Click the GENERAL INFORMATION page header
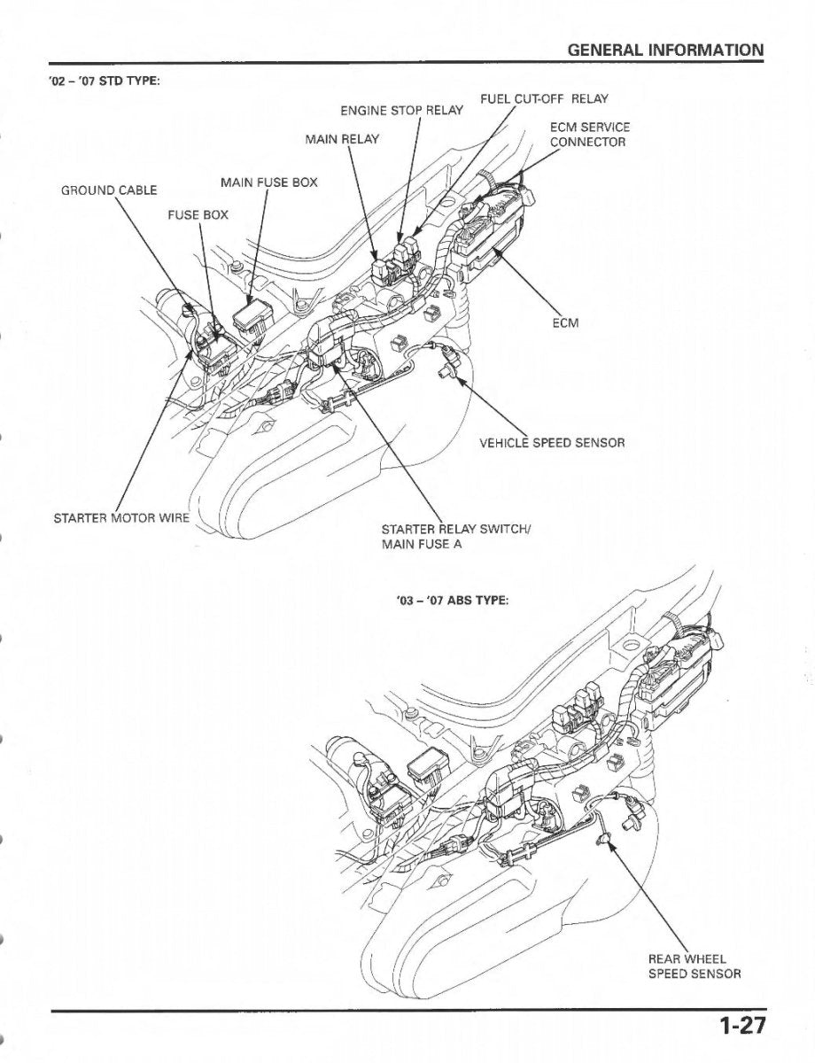665,50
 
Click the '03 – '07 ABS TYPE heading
452,600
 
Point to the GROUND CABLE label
108,190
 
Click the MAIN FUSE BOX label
268,183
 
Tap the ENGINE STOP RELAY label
401,111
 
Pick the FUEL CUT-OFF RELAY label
544,98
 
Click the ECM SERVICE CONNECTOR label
589,135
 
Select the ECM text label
565,323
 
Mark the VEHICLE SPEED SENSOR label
552,443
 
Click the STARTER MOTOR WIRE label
121,517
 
